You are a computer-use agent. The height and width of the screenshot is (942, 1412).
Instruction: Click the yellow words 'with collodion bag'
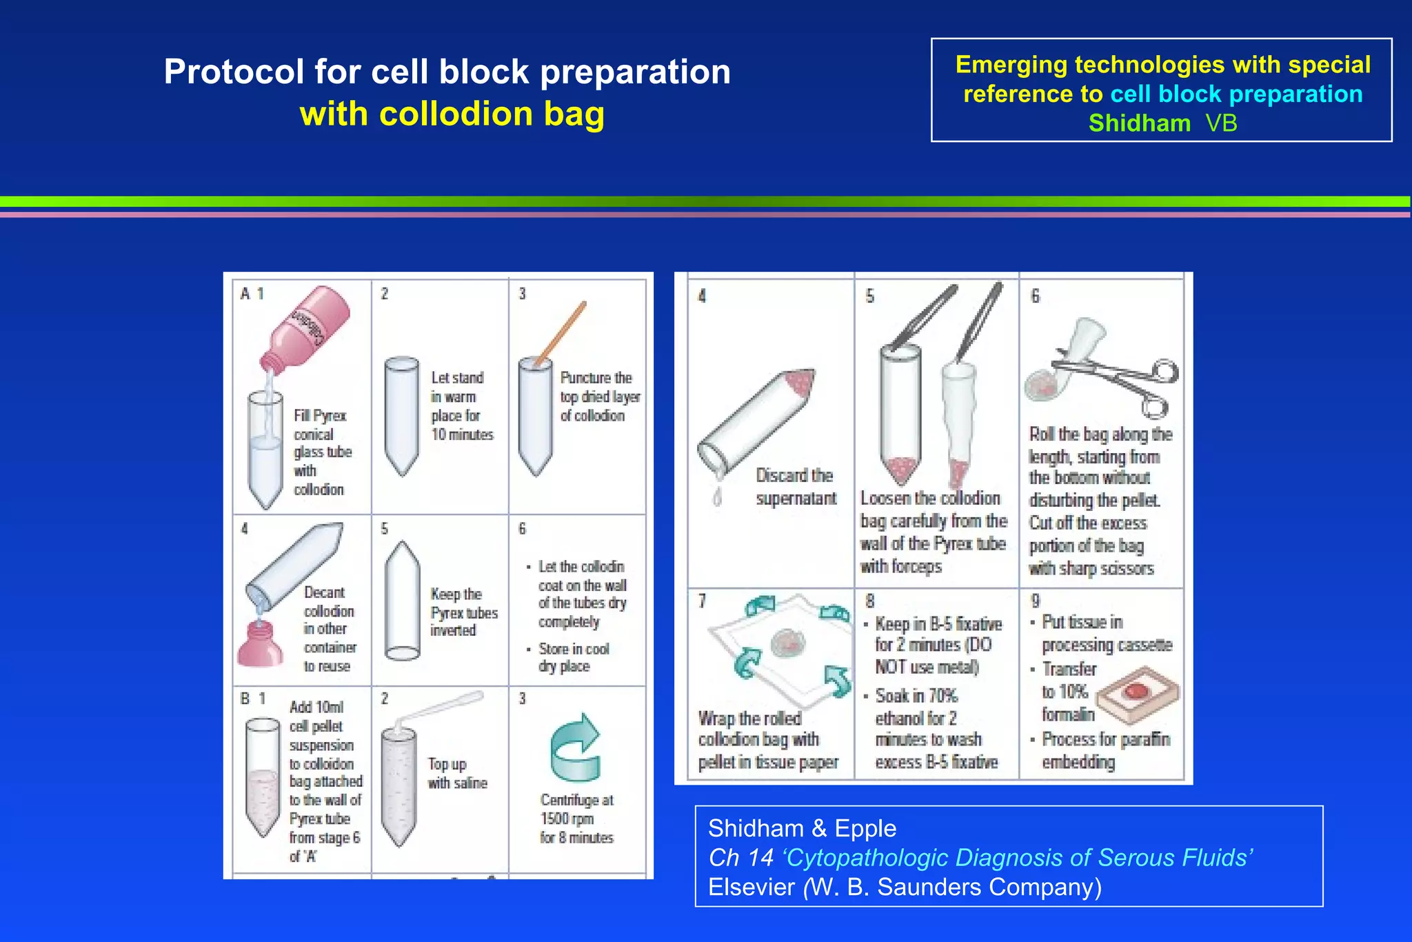(452, 114)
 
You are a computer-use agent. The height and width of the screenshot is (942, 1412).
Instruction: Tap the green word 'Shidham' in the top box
(1139, 123)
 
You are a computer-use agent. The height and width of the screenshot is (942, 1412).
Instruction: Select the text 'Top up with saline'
(456, 773)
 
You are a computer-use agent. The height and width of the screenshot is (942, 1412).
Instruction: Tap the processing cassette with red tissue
(1138, 694)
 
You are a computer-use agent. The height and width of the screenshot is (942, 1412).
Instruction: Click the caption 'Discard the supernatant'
(795, 487)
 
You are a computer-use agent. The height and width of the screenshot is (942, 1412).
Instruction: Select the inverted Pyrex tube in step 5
(402, 601)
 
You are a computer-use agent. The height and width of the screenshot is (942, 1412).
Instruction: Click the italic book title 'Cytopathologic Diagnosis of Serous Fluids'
(1017, 857)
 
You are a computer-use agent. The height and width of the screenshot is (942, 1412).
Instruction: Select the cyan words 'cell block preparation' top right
(1235, 94)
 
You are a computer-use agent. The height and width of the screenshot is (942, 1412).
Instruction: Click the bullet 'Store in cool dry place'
(573, 657)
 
